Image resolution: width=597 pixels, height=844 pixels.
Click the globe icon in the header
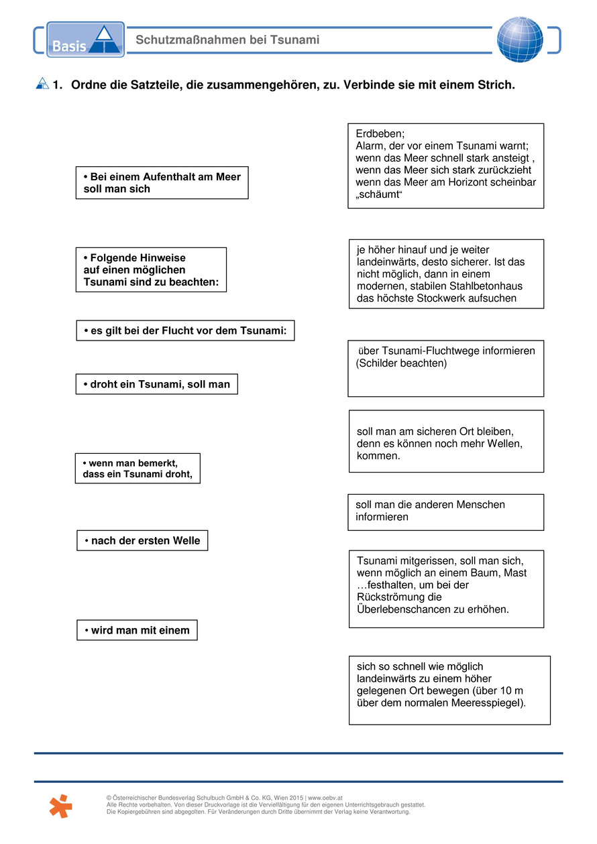(x=520, y=40)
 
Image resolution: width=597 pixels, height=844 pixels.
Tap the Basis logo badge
(x=85, y=40)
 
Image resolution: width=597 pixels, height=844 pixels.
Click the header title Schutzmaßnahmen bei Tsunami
(x=227, y=40)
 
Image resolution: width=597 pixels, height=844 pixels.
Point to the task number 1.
(x=58, y=85)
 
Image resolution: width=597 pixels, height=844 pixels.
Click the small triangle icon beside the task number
(x=42, y=84)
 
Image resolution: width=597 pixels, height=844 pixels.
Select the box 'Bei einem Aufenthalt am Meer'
(x=162, y=183)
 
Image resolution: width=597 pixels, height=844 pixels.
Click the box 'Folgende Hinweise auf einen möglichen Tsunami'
(x=151, y=269)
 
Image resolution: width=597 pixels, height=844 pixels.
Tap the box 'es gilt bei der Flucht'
(x=185, y=330)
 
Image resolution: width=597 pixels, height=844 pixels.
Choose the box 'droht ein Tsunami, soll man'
(x=156, y=384)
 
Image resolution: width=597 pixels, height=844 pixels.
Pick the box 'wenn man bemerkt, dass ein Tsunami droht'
(x=138, y=468)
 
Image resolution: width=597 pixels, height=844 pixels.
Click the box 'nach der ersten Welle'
(x=142, y=540)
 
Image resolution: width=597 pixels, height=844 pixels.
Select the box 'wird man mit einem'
(x=137, y=630)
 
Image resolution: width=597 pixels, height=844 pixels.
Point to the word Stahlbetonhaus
(x=489, y=286)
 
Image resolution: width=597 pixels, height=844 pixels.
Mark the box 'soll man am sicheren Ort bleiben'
(x=445, y=441)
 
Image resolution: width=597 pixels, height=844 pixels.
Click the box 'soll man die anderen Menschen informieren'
(x=445, y=511)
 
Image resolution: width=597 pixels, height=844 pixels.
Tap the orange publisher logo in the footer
(x=60, y=805)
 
